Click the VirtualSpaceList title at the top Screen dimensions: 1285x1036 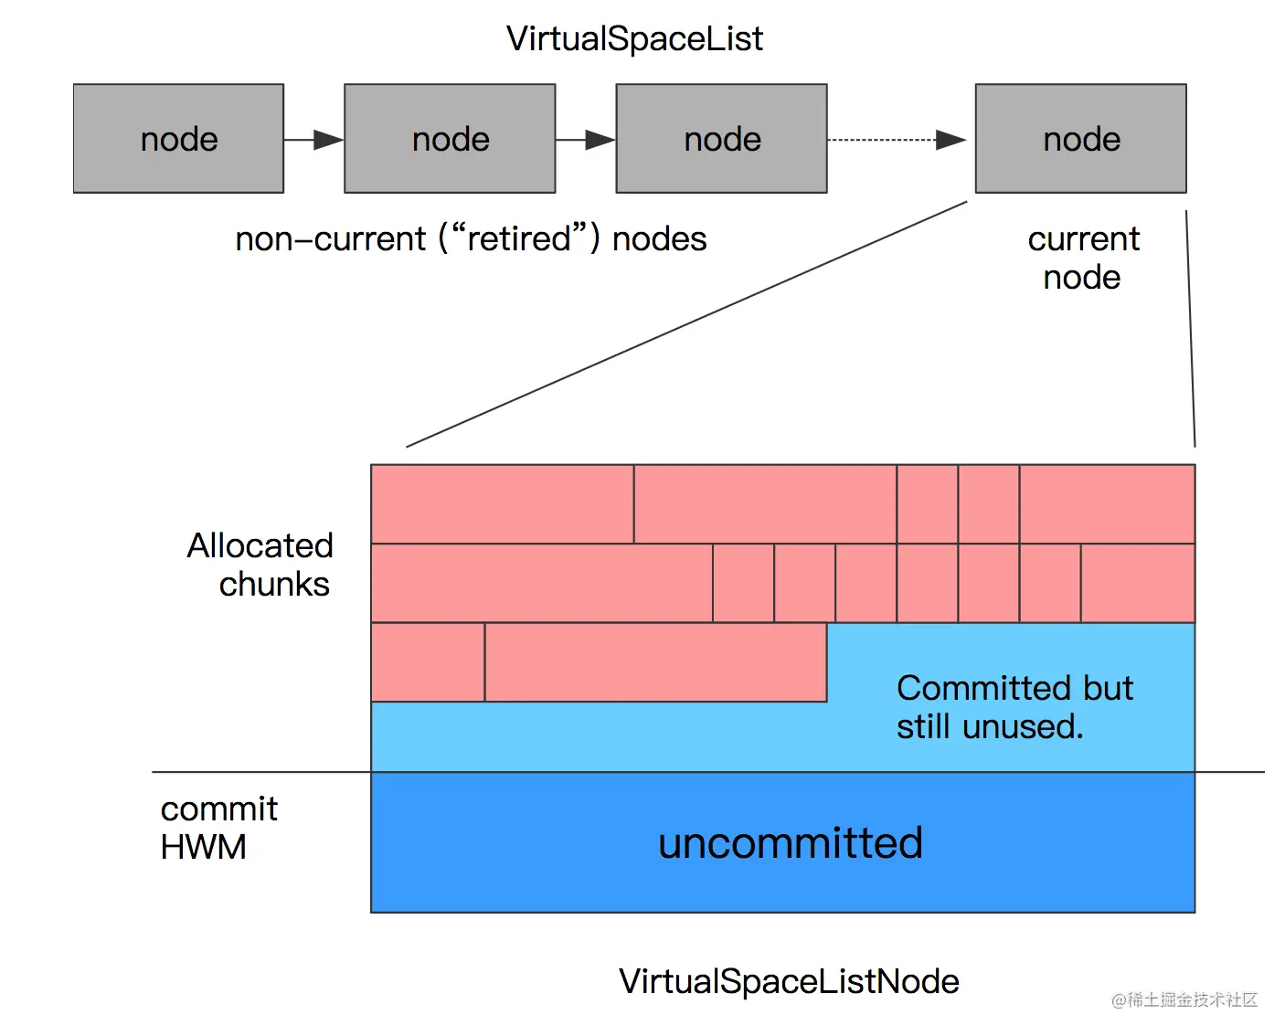(634, 39)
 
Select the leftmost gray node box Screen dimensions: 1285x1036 (178, 139)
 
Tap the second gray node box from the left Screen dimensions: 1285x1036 (450, 139)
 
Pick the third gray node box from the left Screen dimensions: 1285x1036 (721, 139)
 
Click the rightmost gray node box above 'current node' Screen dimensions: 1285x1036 (1081, 139)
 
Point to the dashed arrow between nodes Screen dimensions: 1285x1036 (897, 140)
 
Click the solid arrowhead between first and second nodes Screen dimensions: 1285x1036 (328, 140)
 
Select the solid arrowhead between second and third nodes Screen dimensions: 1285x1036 (600, 140)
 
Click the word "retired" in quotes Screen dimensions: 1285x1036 (519, 238)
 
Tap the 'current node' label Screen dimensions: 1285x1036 (1083, 258)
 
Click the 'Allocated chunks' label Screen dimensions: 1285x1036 (260, 565)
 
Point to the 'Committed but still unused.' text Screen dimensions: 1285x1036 (1014, 707)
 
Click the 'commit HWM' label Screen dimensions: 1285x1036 (219, 828)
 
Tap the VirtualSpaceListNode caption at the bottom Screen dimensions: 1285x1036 (789, 981)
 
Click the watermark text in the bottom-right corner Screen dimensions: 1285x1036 (1184, 999)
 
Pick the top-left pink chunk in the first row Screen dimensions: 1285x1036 (502, 504)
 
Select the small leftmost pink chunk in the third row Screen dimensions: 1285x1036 (428, 662)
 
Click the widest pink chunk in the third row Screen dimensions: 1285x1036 (655, 662)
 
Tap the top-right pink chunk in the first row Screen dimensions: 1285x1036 (1107, 504)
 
